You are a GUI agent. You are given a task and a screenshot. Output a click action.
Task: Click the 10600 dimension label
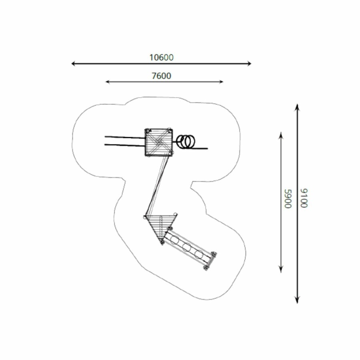coord(162,57)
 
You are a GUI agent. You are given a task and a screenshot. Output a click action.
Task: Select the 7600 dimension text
coord(162,76)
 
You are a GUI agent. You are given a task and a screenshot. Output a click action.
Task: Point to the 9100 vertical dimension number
coord(304,198)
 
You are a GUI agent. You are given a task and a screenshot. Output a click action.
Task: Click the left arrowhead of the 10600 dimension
coord(73,63)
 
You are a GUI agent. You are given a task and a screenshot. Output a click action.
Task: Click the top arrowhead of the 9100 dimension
coord(297,106)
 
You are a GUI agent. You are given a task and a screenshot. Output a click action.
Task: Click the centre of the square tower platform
coord(158,142)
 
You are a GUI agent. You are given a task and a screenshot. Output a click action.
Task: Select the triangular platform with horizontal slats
coord(160,226)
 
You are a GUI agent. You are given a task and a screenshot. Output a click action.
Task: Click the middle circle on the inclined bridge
coord(186,247)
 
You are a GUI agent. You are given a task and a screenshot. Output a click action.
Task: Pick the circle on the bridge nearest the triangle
coord(175,240)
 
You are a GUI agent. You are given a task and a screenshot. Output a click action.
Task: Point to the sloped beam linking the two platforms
coord(156,186)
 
